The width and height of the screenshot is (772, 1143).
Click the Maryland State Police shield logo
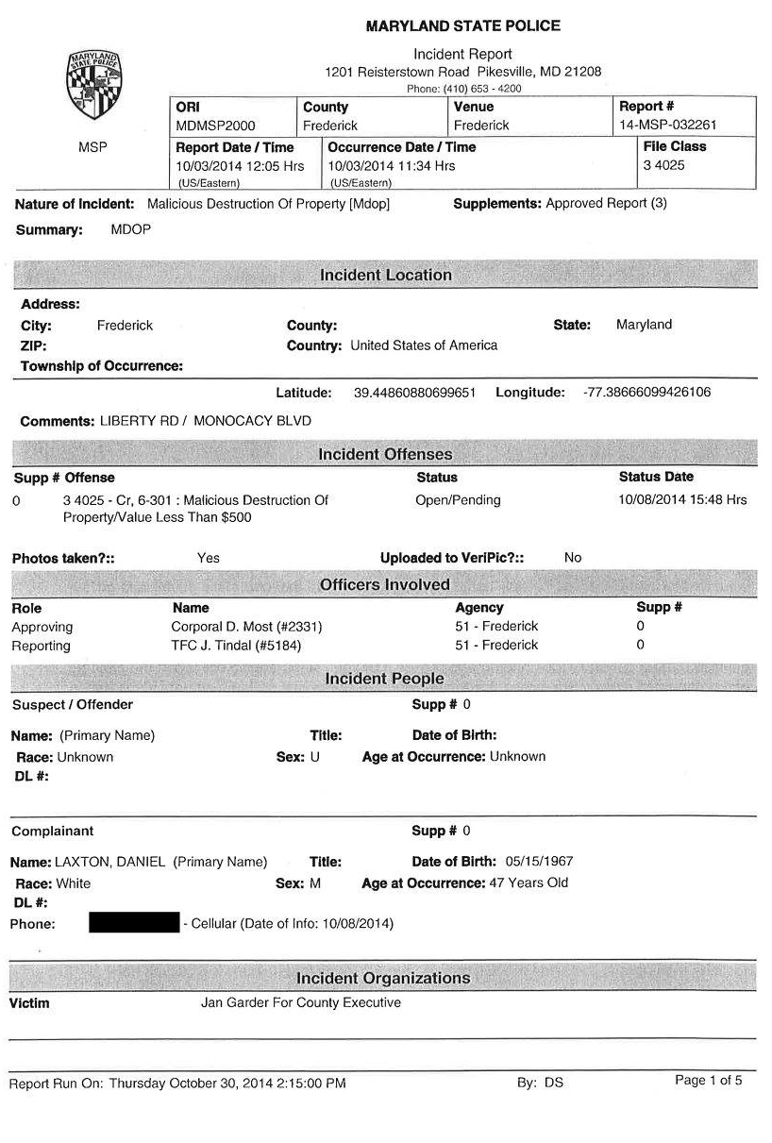[x=93, y=85]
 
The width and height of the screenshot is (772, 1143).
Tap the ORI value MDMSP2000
[x=215, y=126]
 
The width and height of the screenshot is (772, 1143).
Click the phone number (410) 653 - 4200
[x=463, y=89]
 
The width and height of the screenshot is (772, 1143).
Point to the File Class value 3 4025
[x=663, y=165]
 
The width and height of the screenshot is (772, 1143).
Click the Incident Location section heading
[x=385, y=276]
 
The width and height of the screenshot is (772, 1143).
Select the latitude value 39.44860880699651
[x=414, y=393]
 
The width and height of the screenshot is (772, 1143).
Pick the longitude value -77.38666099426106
[x=647, y=393]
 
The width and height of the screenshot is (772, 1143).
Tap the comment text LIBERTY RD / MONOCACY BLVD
[x=205, y=421]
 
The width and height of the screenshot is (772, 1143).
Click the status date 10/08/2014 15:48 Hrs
[x=682, y=500]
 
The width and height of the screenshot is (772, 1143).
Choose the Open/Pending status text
[x=458, y=500]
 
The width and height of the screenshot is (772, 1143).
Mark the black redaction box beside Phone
[x=134, y=923]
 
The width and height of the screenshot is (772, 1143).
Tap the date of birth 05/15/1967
[x=539, y=862]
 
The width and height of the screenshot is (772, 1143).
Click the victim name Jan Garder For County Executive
[x=300, y=1002]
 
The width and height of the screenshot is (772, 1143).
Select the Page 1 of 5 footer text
[x=708, y=1081]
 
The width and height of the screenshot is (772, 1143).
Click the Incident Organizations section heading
[x=383, y=978]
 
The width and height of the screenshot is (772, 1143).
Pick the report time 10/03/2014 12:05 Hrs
[x=240, y=166]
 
